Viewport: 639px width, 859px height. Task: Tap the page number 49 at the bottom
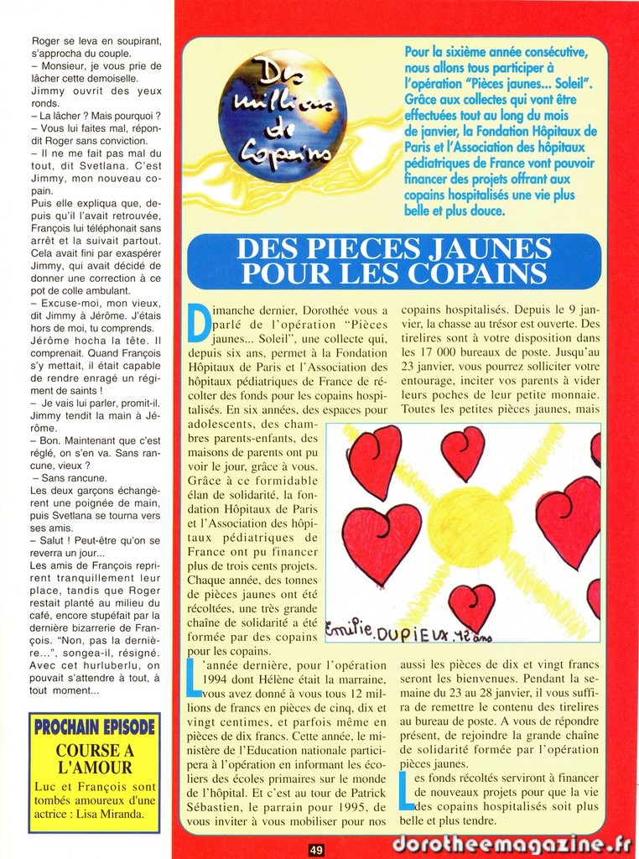coord(316,850)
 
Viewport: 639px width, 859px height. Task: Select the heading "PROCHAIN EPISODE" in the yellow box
coord(94,726)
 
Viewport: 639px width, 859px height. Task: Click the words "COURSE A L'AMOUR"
coord(94,758)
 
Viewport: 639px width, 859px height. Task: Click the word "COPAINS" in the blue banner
coord(479,273)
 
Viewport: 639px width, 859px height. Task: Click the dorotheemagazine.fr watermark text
coord(511,843)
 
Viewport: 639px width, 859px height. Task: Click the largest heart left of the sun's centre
coord(382,542)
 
